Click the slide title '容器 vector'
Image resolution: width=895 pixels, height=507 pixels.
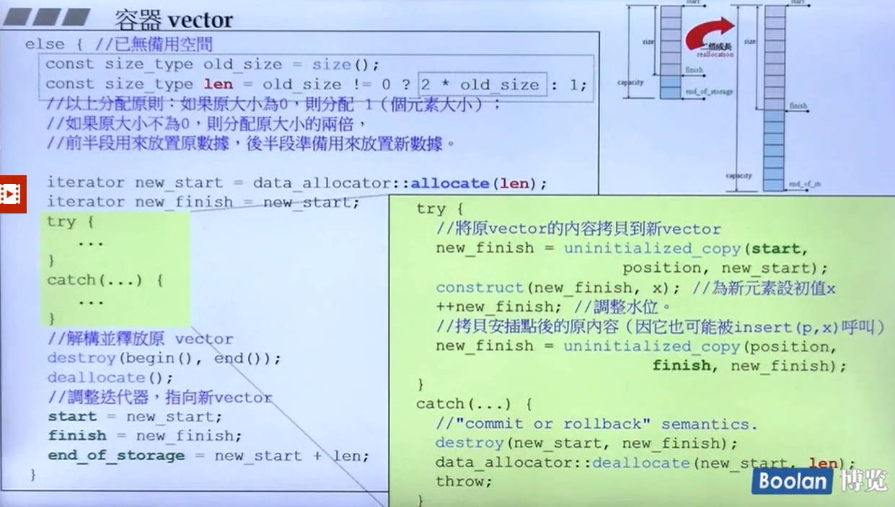[174, 19]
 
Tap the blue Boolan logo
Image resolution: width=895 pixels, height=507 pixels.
[792, 481]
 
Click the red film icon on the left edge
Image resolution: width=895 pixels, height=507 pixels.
[12, 193]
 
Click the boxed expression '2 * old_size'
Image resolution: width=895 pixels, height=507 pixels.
[480, 84]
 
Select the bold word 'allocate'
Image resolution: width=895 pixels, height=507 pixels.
[450, 183]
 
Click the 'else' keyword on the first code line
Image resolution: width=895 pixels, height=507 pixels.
[45, 44]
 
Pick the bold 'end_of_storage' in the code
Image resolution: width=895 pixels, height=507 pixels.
[116, 456]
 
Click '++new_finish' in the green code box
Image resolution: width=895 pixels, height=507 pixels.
[477, 307]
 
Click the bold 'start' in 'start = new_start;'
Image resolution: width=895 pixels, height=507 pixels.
[72, 417]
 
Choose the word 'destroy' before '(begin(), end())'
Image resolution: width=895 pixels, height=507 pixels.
[81, 358]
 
